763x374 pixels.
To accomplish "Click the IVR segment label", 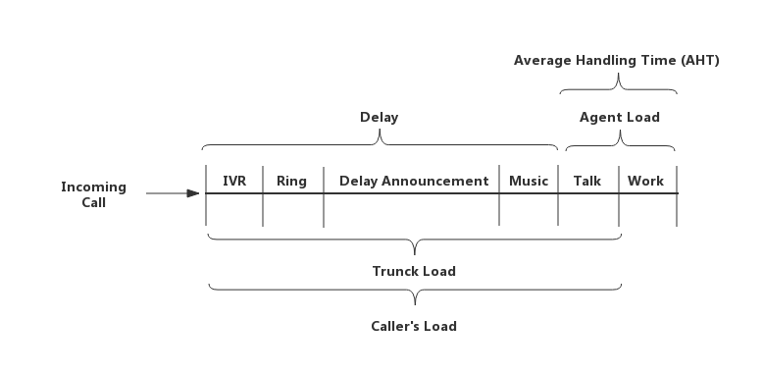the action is click(234, 182).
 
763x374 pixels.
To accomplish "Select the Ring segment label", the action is click(291, 182).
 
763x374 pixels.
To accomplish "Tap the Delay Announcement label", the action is click(414, 182).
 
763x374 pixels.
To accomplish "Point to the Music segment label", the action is click(529, 182).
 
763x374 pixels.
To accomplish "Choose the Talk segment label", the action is click(587, 182).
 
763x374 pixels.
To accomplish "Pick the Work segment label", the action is click(645, 182).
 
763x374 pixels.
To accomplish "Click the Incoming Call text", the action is click(93, 194).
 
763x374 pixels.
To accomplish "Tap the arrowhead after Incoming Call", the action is click(193, 193).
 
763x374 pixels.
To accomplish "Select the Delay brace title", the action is click(380, 118).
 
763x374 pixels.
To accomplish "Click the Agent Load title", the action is click(620, 118).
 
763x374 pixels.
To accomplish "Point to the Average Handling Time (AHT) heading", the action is click(617, 61).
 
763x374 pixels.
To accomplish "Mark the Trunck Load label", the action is click(414, 271).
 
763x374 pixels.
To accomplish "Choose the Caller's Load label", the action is click(414, 326).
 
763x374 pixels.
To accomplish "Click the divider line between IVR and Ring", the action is click(263, 195).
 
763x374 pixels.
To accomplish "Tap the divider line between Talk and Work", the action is click(619, 195).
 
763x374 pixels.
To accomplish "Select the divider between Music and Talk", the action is click(558, 195).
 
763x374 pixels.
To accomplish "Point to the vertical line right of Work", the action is click(677, 195).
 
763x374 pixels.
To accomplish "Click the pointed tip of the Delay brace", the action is click(380, 130).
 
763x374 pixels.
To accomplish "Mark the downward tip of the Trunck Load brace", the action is click(415, 254).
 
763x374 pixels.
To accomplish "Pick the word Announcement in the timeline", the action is click(435, 182).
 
